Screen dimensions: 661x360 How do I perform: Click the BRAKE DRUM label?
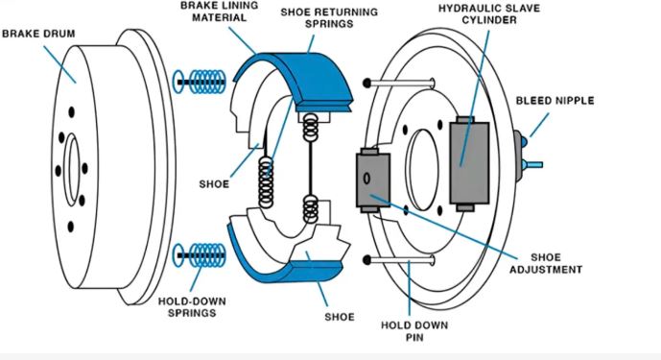click(38, 34)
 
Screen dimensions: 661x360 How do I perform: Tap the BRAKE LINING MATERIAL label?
click(219, 12)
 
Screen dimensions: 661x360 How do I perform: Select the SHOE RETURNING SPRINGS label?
click(329, 17)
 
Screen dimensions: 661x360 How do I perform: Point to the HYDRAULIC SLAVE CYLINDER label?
click(489, 14)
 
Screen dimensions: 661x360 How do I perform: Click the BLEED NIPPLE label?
click(555, 101)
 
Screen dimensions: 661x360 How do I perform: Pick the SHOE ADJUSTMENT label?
click(546, 263)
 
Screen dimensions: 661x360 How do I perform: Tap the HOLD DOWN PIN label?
click(414, 331)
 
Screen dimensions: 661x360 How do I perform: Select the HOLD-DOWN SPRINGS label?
click(192, 307)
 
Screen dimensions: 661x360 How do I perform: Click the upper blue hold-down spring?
click(200, 82)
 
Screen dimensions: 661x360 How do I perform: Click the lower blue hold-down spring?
click(200, 255)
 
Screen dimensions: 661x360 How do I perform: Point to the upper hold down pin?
click(399, 84)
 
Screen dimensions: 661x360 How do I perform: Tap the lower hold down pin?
click(399, 259)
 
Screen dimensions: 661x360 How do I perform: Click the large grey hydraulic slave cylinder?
click(469, 163)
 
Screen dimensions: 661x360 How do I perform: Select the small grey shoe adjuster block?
click(373, 180)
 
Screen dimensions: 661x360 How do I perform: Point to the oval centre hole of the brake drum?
click(73, 170)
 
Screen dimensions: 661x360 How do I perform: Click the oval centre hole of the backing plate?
click(422, 170)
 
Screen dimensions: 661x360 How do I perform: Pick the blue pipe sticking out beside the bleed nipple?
click(532, 164)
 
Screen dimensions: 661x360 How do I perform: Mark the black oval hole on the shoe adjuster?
click(366, 179)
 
